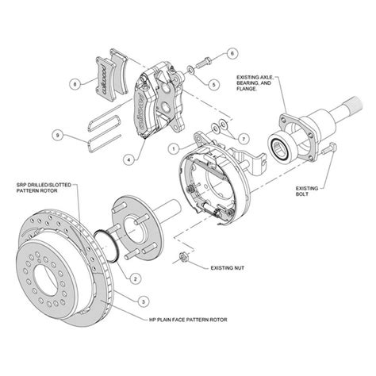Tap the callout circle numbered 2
pyautogui.click(x=136, y=278)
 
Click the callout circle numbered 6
pyautogui.click(x=232, y=54)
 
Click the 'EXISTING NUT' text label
pyautogui.click(x=228, y=269)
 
